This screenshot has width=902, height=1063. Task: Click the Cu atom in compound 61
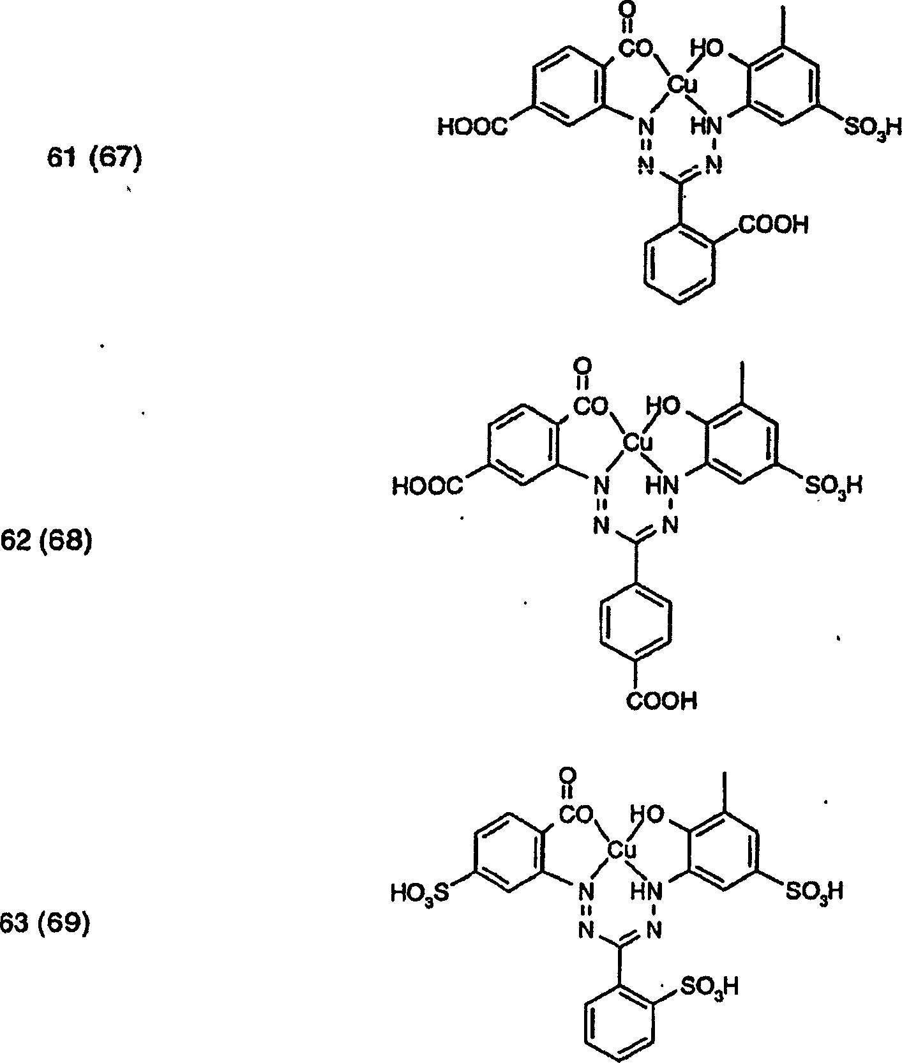pos(682,84)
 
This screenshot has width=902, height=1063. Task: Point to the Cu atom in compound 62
pos(636,441)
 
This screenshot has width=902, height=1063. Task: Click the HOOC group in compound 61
pos(472,128)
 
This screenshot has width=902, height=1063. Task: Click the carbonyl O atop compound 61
pos(628,10)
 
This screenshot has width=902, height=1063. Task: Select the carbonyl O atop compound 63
pos(567,776)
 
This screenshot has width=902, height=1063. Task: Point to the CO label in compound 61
pos(636,47)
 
